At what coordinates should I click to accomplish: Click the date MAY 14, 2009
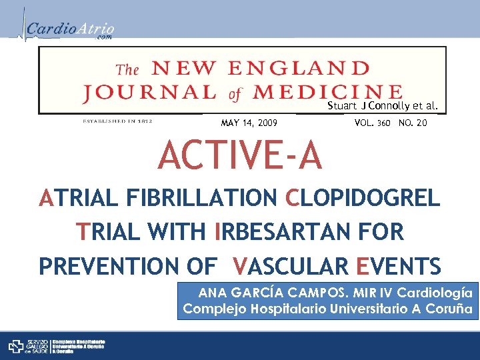click(x=249, y=123)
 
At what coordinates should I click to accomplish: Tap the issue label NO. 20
click(x=413, y=123)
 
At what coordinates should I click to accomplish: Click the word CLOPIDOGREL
click(x=363, y=198)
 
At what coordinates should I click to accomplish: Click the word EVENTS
click(x=397, y=266)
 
